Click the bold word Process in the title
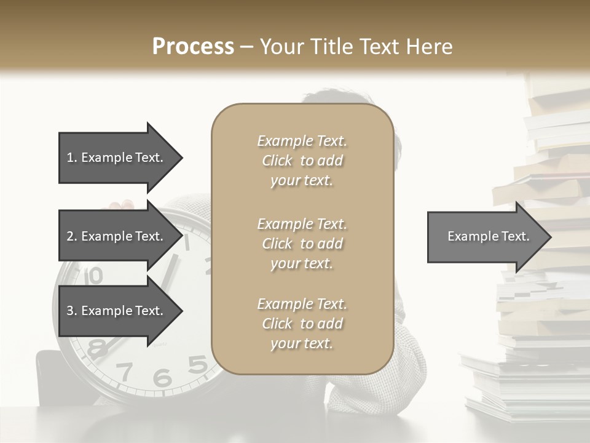193,46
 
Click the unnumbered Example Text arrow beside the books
489,236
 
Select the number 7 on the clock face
125,372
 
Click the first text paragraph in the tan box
302,161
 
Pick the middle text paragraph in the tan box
302,243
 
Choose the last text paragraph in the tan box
302,324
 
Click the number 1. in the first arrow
72,158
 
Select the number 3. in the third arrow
72,311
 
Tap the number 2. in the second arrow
72,236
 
